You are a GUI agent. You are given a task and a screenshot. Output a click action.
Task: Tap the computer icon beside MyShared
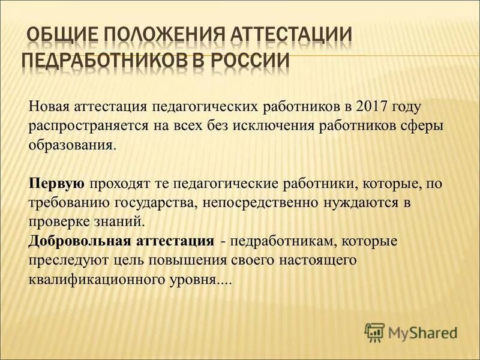click(x=374, y=331)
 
